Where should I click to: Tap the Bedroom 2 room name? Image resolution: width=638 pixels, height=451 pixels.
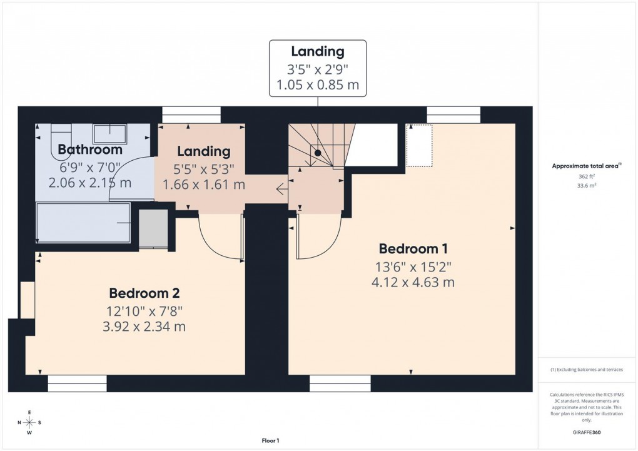[x=145, y=293]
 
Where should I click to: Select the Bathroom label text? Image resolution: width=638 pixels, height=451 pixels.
[x=90, y=149]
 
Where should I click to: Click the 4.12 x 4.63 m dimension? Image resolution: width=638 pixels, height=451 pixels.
[x=412, y=282]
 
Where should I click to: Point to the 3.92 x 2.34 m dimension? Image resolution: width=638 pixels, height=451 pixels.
[x=145, y=327]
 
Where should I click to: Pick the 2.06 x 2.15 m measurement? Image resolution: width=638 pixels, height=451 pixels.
[x=90, y=183]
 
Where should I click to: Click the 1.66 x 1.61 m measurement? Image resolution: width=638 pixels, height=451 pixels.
[x=204, y=185]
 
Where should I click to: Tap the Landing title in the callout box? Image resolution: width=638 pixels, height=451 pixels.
[x=317, y=51]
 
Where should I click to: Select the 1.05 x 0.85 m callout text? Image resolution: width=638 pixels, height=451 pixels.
[x=317, y=85]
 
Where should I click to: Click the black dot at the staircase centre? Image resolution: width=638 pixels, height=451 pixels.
[x=318, y=153]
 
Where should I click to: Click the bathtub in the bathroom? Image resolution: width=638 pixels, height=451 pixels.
[x=83, y=223]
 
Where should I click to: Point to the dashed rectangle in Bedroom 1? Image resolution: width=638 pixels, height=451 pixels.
[x=419, y=145]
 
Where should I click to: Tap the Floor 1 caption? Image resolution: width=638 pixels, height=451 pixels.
[x=270, y=441]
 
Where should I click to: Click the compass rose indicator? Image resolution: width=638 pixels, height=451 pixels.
[x=29, y=422]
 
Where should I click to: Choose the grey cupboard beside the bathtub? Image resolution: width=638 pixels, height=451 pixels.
[x=153, y=228]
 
